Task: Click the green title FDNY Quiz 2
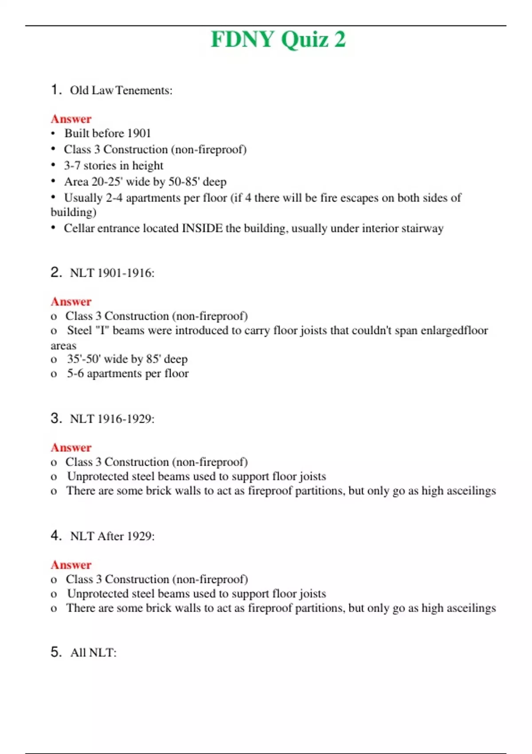point(278,39)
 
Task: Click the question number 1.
point(55,90)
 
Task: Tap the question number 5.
point(55,652)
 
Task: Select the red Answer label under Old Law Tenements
point(71,119)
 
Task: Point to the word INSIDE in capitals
point(202,228)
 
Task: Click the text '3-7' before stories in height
point(72,165)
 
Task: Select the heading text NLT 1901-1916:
point(112,273)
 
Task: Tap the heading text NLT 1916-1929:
point(112,419)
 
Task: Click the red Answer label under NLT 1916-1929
point(71,448)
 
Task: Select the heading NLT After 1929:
point(112,536)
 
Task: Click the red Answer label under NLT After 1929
point(71,565)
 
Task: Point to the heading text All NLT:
point(93,652)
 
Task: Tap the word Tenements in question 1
point(144,90)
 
